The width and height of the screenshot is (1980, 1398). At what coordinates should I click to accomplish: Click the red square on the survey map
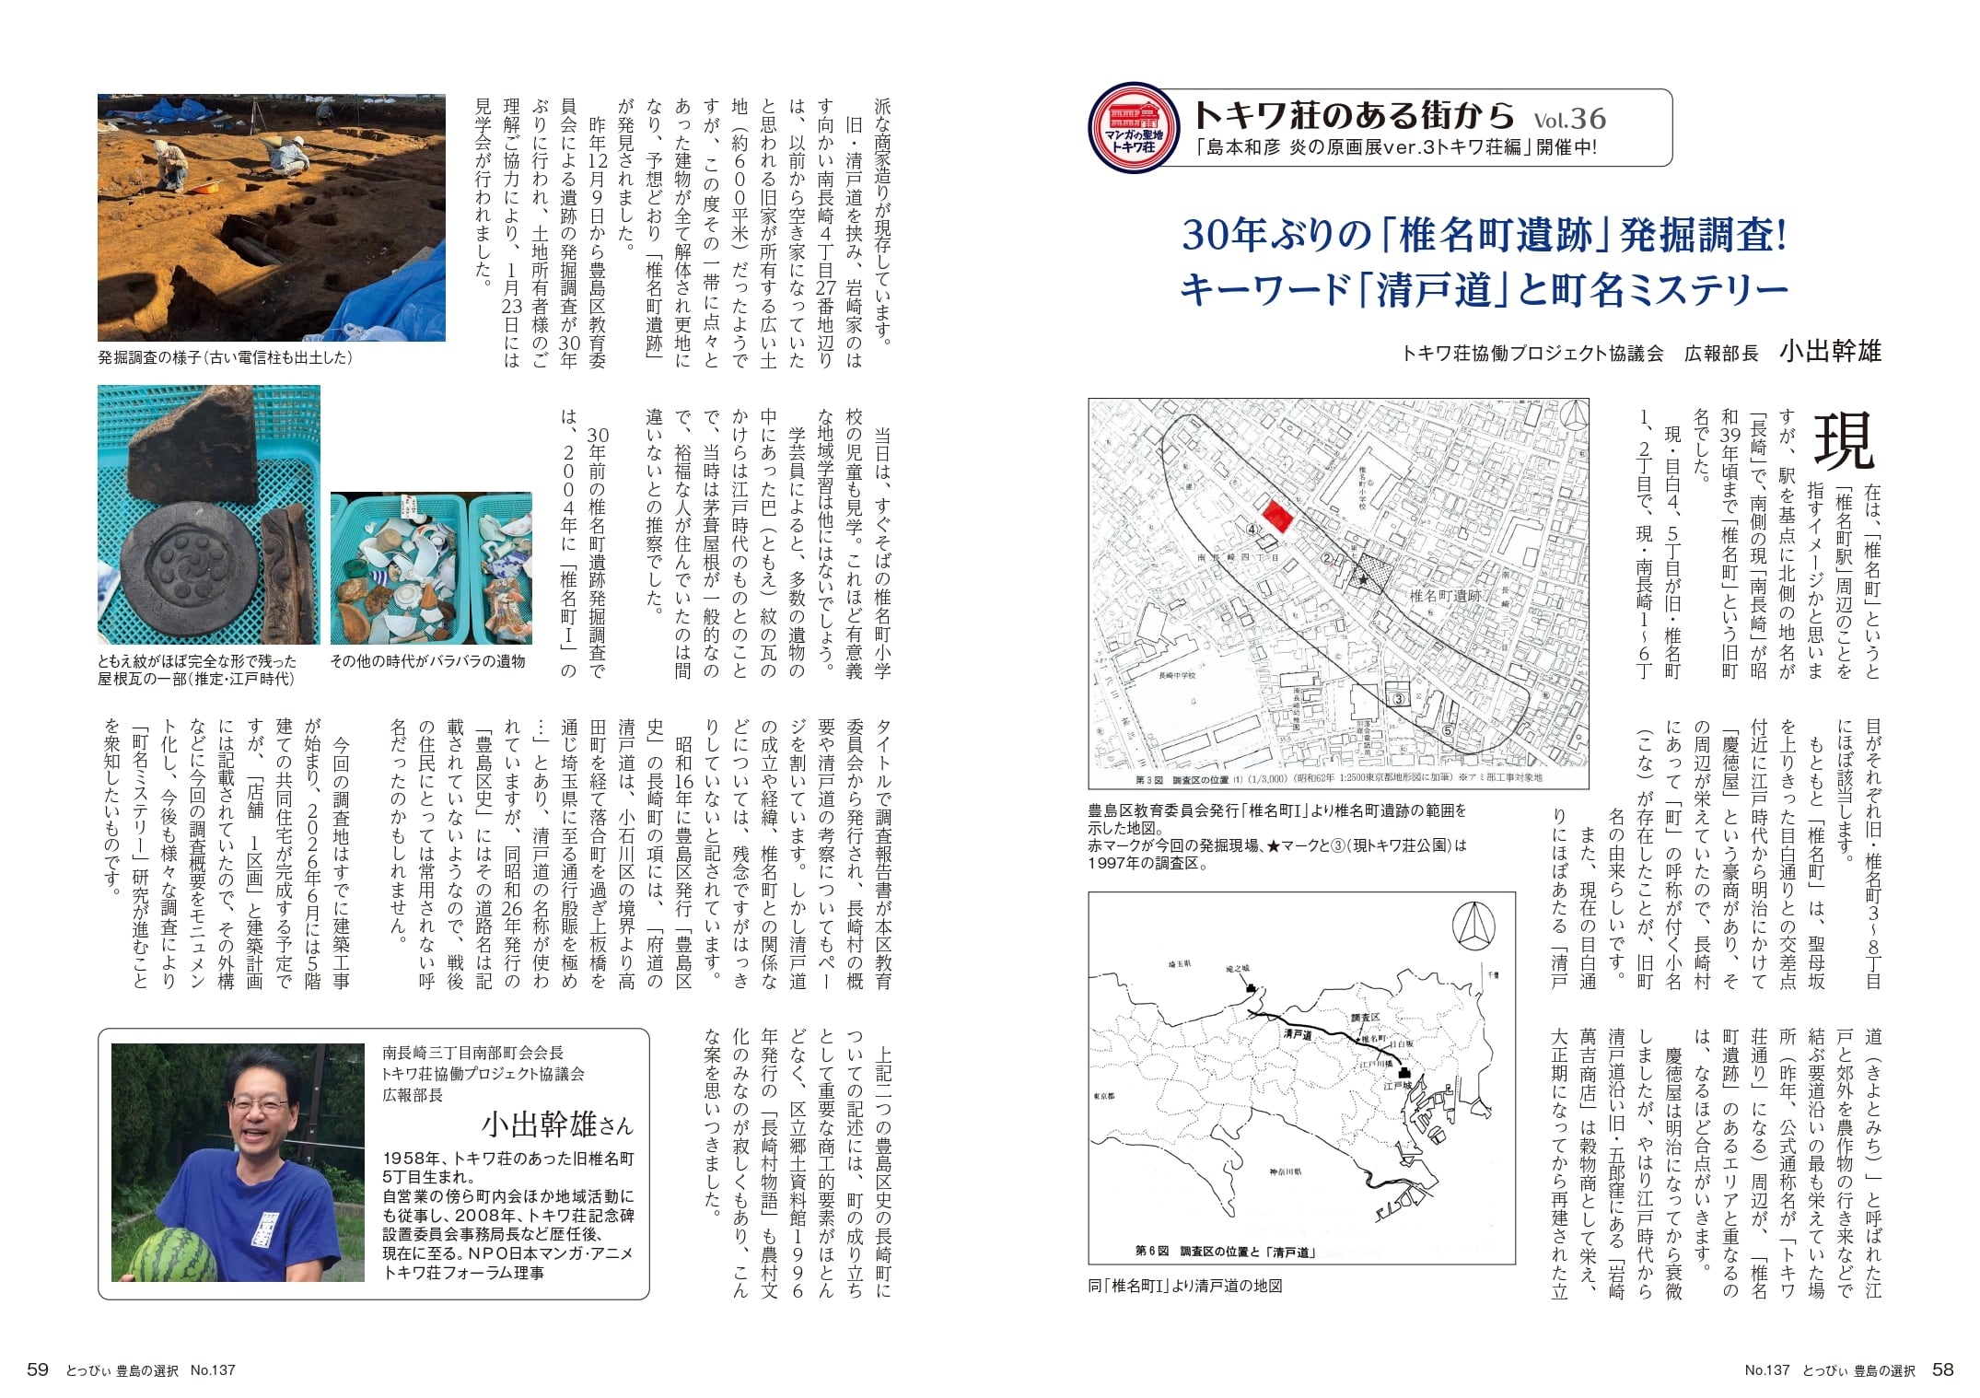tap(1276, 516)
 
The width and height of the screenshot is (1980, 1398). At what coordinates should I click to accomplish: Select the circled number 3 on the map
tap(1398, 699)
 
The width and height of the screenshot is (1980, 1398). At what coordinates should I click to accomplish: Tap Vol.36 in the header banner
tap(1569, 119)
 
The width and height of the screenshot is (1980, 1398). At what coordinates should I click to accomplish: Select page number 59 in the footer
tap(38, 1370)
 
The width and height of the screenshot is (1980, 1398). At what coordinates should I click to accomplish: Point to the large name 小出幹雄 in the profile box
tap(543, 1125)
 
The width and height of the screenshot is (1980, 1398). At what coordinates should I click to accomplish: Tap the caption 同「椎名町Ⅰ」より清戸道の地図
tap(1184, 1286)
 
